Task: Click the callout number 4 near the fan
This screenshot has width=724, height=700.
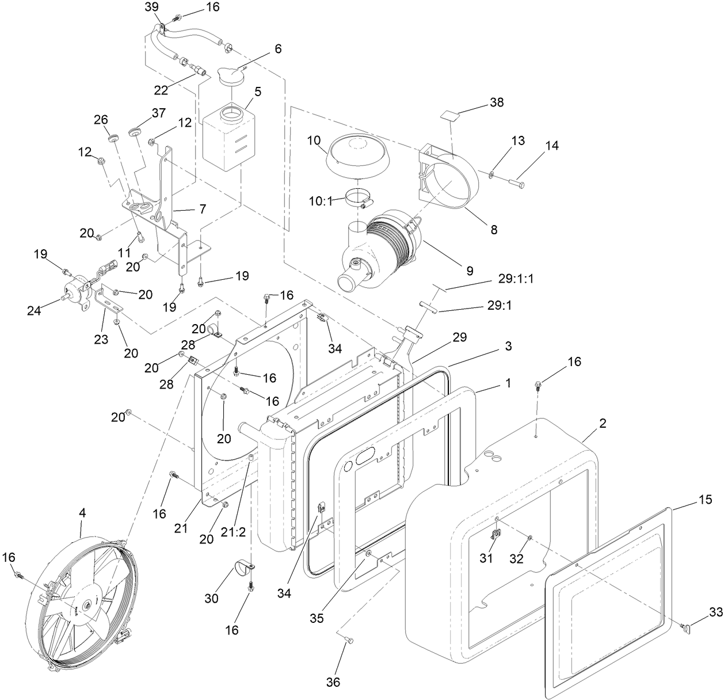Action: [x=82, y=512]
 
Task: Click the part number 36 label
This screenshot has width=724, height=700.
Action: [x=333, y=682]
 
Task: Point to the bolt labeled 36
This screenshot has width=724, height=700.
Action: [x=348, y=640]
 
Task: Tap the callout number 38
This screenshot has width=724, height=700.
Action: [x=496, y=102]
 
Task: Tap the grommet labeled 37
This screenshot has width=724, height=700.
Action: [x=136, y=132]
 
